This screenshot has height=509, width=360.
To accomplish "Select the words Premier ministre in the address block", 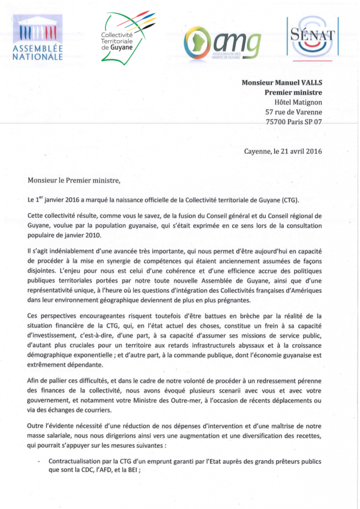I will coord(293,92).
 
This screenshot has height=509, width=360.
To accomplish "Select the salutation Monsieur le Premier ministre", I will coord(74,180).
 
